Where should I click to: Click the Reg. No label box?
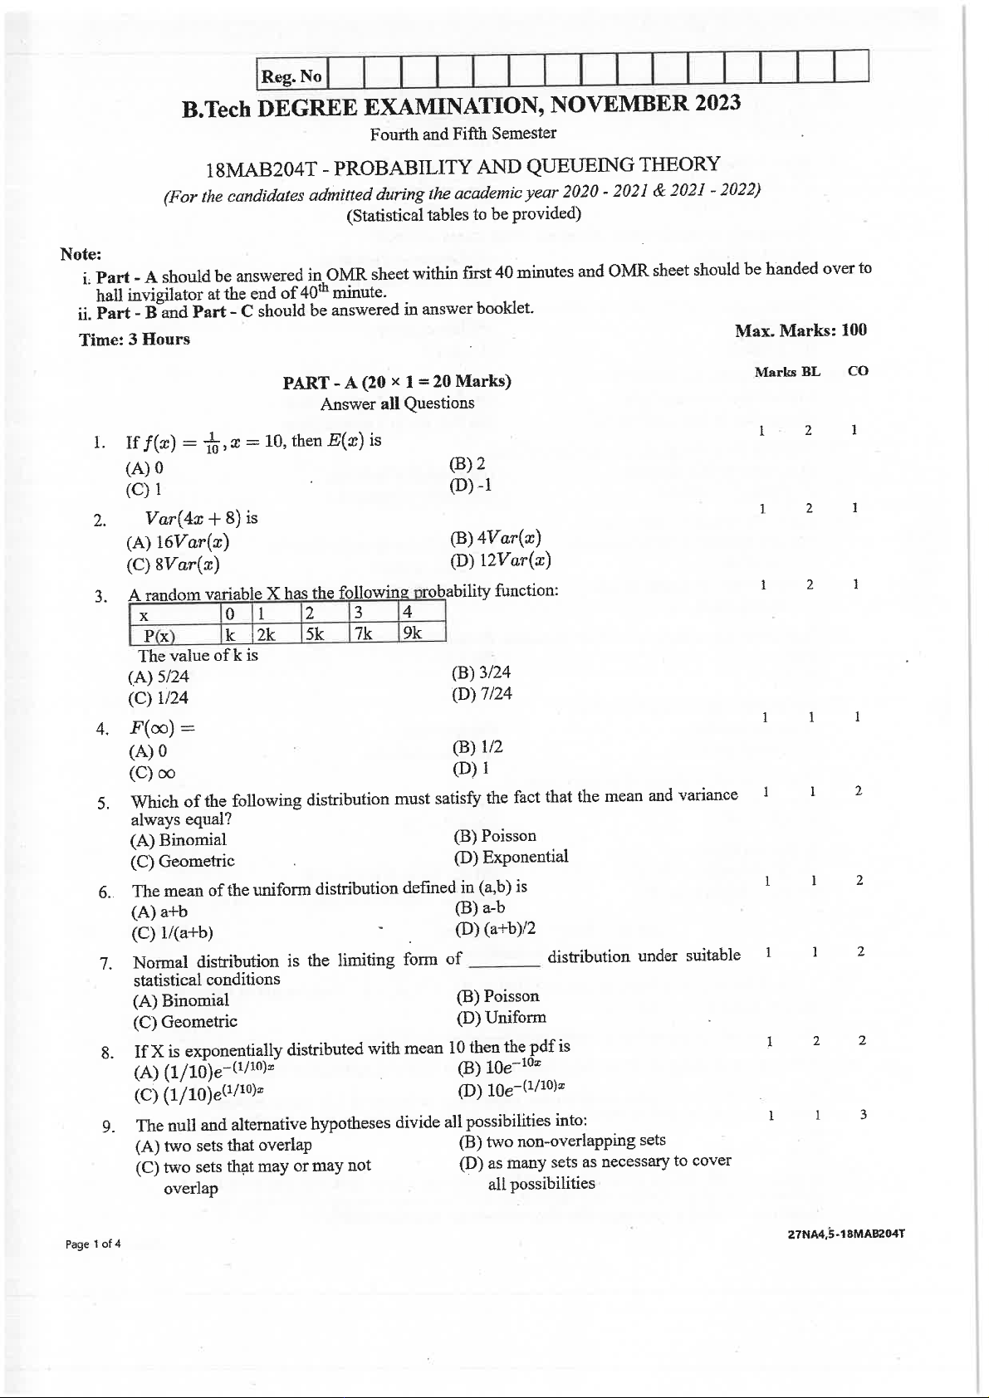tap(291, 76)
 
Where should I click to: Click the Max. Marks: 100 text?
tap(800, 330)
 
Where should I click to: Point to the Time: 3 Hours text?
tap(135, 340)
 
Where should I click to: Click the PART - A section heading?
tap(396, 382)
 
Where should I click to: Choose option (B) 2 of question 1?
tap(468, 464)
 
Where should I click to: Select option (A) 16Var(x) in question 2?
tap(178, 542)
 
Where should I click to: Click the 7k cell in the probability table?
tap(365, 633)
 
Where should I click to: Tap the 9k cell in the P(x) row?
tap(413, 633)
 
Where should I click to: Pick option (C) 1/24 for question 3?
tap(159, 698)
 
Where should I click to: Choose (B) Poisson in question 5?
tap(495, 836)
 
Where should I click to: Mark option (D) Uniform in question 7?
tap(502, 1017)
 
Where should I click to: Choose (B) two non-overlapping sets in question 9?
tap(562, 1141)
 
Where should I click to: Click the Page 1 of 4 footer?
tap(93, 1244)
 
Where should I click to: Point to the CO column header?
tap(858, 371)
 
